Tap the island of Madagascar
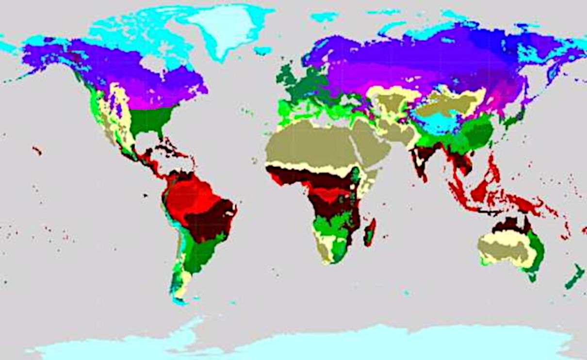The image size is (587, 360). point(370,232)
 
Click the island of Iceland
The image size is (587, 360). point(262,50)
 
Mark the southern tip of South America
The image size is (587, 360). point(180,301)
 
